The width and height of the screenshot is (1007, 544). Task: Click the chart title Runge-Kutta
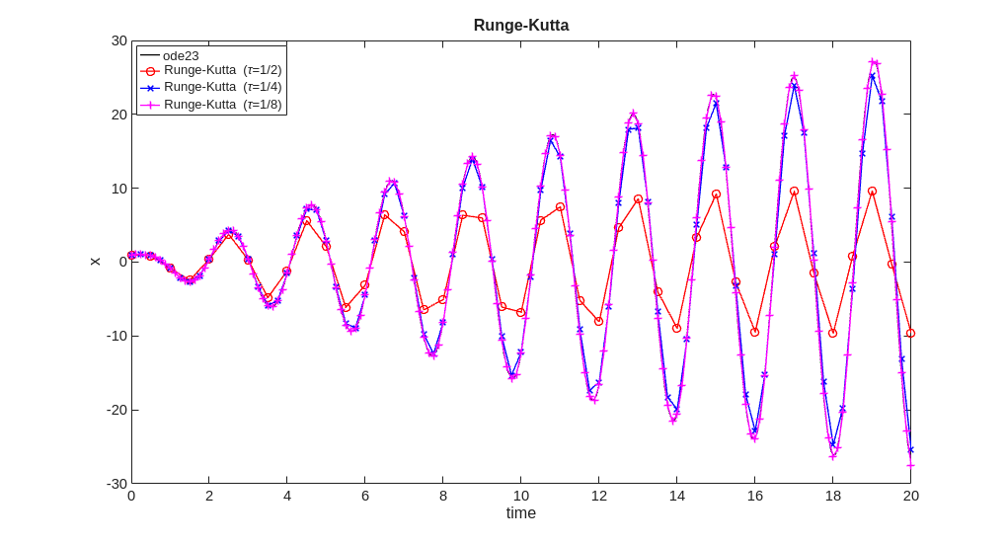click(x=520, y=26)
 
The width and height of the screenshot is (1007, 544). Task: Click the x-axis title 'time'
click(x=520, y=513)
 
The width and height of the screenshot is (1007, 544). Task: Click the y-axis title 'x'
click(x=95, y=262)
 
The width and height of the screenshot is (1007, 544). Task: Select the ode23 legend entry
click(x=181, y=55)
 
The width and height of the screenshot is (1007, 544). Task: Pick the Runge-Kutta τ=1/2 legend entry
click(x=222, y=71)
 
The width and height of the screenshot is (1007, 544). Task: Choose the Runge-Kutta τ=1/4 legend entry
click(x=222, y=87)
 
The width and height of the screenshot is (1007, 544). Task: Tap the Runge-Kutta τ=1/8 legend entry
click(x=222, y=104)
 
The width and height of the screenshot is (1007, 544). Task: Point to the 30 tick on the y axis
click(x=118, y=40)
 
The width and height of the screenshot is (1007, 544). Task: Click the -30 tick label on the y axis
click(x=116, y=484)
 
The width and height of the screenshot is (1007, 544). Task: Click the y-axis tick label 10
click(x=118, y=188)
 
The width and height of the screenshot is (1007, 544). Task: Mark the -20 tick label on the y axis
click(x=116, y=410)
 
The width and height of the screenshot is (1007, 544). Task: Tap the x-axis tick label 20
click(x=910, y=496)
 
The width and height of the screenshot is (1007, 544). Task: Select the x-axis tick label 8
click(x=443, y=496)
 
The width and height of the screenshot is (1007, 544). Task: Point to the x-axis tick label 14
click(x=676, y=496)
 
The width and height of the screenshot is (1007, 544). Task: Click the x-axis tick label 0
click(x=131, y=496)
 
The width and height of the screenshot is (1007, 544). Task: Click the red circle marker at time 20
click(x=910, y=333)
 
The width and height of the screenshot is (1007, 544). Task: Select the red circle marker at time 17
click(x=794, y=191)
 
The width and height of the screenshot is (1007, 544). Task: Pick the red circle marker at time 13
click(x=638, y=198)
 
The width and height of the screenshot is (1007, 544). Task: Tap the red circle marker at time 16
click(x=754, y=332)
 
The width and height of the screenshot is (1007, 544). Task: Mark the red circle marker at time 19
click(x=872, y=191)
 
